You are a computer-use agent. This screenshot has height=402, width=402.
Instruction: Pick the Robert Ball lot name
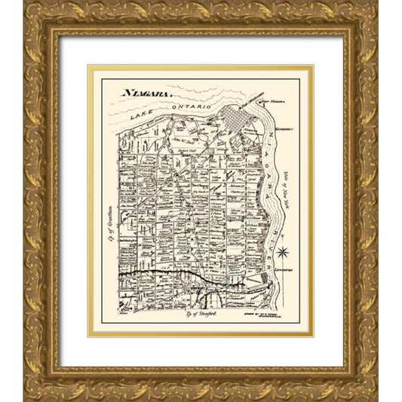pos(188,151)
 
